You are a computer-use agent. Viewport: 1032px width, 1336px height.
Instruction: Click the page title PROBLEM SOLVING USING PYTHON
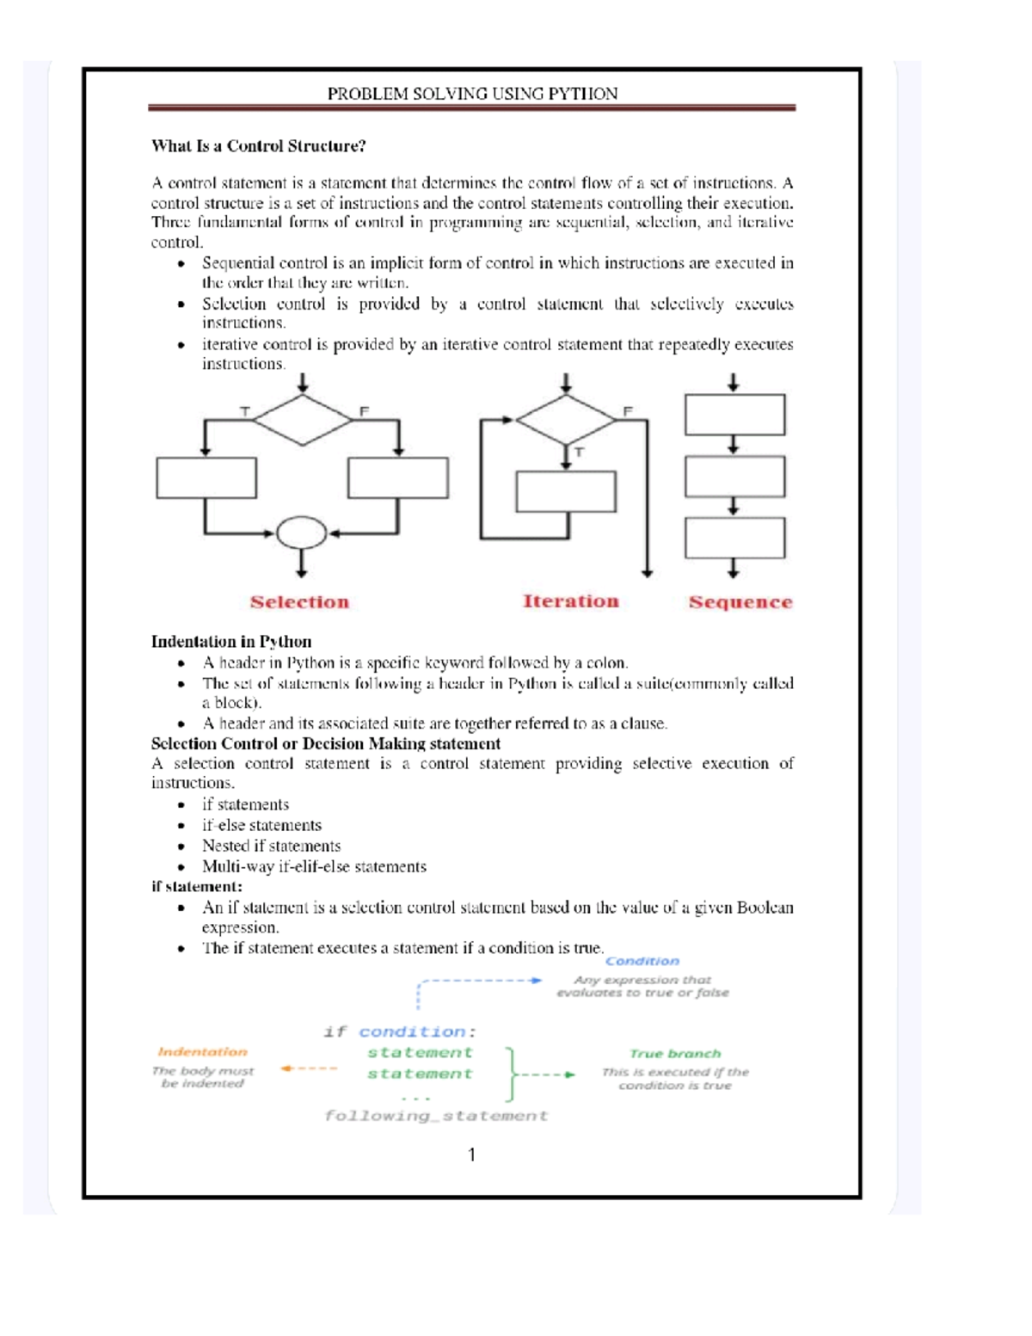(472, 94)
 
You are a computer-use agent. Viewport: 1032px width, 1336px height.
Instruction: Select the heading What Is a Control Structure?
(258, 146)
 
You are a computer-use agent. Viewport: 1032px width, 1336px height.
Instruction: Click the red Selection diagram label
(299, 602)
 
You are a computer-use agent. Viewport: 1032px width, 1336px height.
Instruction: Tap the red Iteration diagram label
(570, 601)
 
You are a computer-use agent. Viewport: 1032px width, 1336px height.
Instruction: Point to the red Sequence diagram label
(740, 602)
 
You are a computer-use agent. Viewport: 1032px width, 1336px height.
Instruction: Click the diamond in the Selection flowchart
(303, 420)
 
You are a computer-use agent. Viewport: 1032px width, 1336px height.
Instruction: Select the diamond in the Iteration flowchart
(565, 420)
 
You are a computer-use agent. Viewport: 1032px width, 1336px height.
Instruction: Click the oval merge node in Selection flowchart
(301, 533)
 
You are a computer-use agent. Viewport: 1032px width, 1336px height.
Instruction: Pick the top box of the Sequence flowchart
(734, 415)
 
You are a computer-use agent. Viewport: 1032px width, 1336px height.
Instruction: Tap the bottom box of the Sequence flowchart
(734, 538)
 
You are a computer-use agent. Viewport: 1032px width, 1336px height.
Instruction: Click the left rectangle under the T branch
(206, 477)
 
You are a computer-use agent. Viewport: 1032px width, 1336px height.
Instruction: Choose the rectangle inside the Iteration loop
(565, 491)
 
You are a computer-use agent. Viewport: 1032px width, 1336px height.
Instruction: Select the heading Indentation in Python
(231, 642)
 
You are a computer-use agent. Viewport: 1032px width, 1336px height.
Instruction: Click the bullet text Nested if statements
(271, 846)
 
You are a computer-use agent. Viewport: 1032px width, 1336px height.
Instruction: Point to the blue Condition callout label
(642, 961)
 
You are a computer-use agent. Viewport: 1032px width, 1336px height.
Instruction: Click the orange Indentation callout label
(202, 1052)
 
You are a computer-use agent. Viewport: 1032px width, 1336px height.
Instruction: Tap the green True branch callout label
(675, 1054)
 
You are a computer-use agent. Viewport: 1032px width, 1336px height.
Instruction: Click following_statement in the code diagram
(435, 1116)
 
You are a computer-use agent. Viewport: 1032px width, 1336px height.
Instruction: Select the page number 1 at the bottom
(471, 1154)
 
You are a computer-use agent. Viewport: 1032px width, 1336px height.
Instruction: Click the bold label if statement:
(196, 886)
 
